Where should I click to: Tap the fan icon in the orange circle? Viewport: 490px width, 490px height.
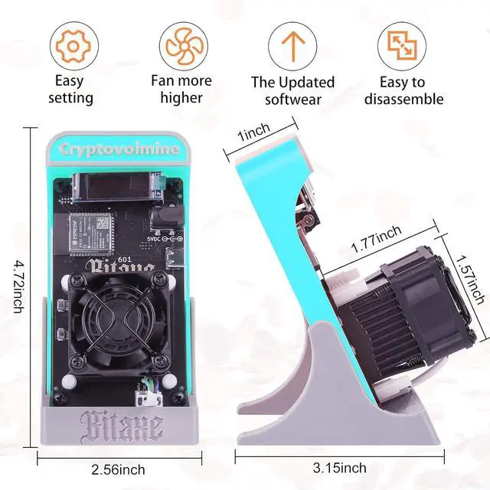[181, 46]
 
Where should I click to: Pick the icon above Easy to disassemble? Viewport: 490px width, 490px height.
[403, 46]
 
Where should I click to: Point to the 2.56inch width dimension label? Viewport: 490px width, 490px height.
[119, 469]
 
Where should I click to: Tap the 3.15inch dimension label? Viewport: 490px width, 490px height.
[339, 467]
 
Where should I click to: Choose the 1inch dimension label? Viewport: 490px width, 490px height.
[253, 133]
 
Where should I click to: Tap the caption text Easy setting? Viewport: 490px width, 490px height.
[71, 90]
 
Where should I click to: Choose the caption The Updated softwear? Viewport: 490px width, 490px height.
[294, 90]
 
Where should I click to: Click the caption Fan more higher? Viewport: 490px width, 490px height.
[181, 89]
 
